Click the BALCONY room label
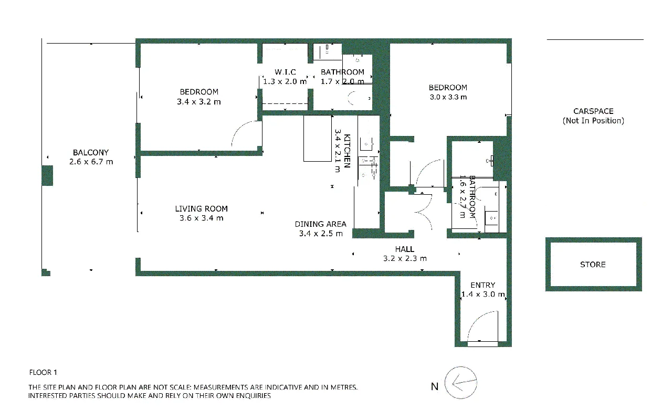(91, 152)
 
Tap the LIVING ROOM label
(201, 209)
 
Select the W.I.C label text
(285, 72)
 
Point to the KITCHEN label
(347, 151)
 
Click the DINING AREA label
(320, 224)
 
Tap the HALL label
(405, 249)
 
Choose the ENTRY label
(482, 285)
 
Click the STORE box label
(593, 265)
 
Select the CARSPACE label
(593, 111)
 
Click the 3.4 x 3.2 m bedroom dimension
(199, 102)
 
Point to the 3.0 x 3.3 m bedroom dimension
(448, 97)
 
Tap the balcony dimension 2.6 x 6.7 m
(91, 162)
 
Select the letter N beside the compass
(435, 386)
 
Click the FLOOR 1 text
(43, 372)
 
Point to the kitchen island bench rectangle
(318, 138)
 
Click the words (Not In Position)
(593, 121)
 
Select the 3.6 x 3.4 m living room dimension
(201, 218)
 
